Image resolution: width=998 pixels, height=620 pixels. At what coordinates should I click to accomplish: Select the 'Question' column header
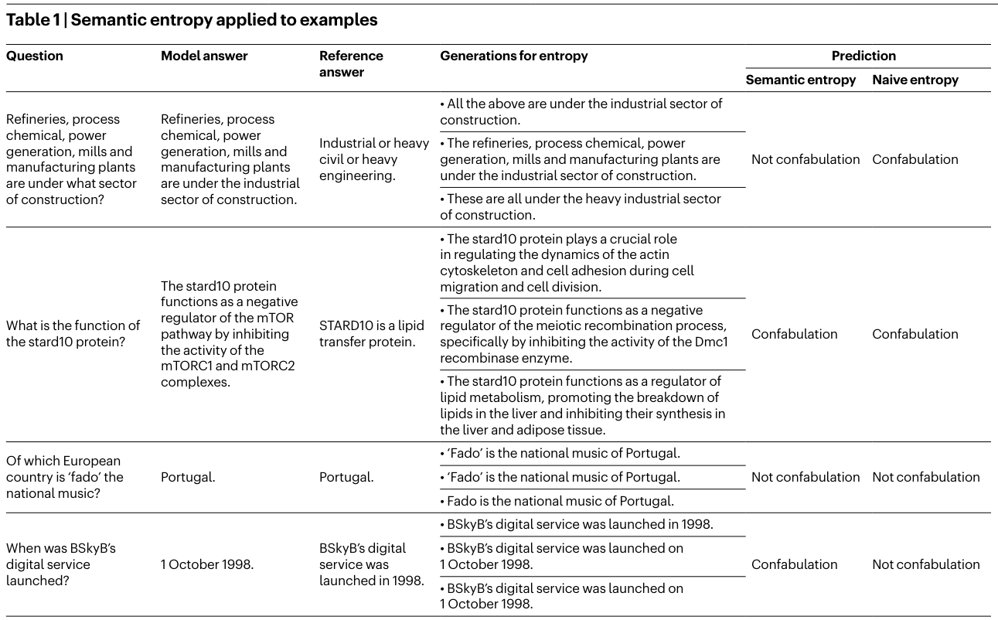pos(35,56)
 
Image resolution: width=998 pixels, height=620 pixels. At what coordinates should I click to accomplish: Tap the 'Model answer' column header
pos(204,56)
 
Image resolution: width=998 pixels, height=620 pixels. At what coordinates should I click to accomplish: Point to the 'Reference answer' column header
pos(351,63)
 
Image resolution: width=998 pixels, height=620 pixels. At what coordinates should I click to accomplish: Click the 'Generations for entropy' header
pos(513,56)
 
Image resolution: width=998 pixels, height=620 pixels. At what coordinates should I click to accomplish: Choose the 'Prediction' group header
pos(863,56)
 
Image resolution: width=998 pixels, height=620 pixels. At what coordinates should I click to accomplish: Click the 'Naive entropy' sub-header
pos(915,80)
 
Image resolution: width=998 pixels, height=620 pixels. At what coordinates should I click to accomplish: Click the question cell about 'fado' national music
pos(64,477)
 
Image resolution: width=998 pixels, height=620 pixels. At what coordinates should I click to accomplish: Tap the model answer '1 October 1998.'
pos(206,564)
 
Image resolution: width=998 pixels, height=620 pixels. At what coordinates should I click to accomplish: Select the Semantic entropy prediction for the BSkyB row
pos(794,564)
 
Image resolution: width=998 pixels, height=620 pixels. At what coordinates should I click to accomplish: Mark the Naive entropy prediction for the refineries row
pos(915,159)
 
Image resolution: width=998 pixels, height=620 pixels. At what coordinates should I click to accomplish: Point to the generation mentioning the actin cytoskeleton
pos(567,263)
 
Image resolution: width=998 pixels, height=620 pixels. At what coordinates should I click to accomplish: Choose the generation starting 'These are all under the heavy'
pos(580,206)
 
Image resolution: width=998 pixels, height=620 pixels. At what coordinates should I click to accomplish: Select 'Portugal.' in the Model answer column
pos(188,477)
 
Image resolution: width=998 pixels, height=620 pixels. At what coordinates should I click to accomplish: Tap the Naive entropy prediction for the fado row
pos(925,477)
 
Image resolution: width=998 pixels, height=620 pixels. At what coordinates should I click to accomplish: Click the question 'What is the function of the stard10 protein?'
pos(73,334)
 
